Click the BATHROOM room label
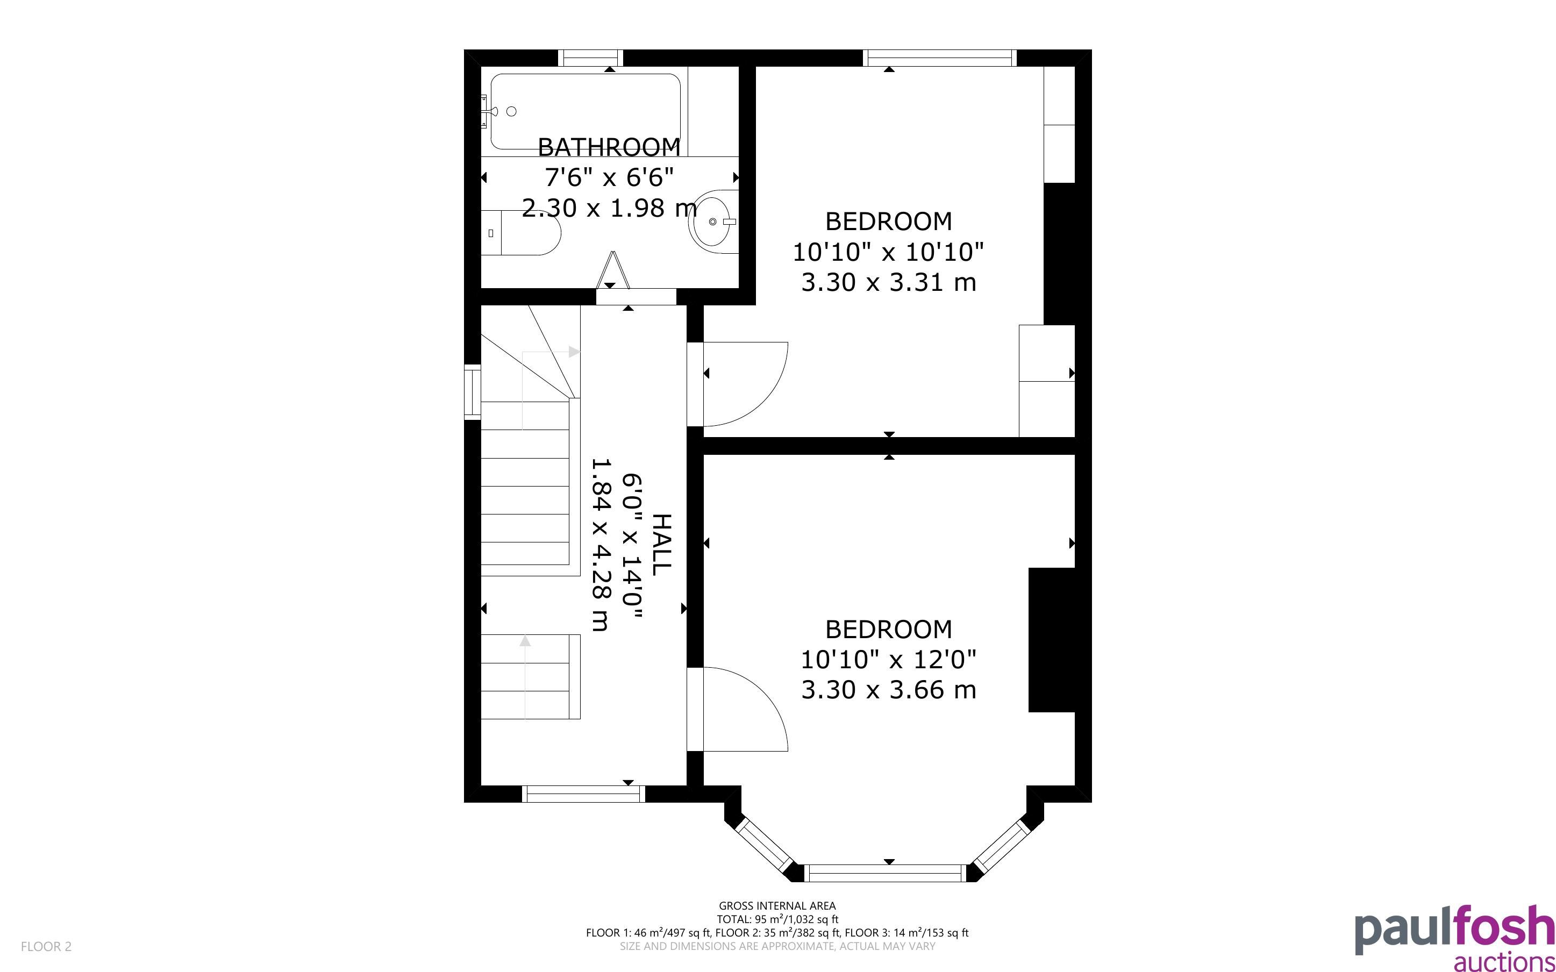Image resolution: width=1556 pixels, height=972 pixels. [x=609, y=147]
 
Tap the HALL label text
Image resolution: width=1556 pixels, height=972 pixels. [x=661, y=545]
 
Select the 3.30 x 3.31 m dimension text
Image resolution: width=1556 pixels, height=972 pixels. [x=888, y=282]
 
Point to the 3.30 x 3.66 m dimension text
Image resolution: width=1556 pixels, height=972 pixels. [x=888, y=690]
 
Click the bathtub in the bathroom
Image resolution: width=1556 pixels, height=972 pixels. [x=586, y=112]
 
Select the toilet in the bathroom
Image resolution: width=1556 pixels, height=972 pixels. [x=520, y=233]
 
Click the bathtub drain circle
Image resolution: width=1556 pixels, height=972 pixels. [x=512, y=111]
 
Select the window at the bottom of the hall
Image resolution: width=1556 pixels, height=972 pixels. [x=583, y=794]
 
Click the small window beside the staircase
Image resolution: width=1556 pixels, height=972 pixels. [x=473, y=392]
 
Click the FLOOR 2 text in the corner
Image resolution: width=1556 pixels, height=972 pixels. [x=46, y=946]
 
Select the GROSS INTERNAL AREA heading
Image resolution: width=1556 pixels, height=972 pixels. [x=777, y=906]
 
